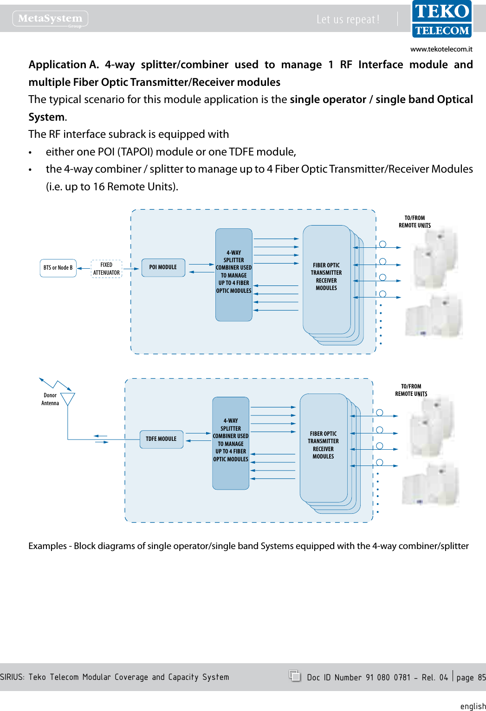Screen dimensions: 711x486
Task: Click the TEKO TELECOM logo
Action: (441, 19)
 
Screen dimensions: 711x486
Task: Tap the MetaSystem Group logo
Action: (50, 19)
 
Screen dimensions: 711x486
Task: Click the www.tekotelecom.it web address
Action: (441, 49)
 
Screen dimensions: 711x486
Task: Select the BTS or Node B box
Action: (58, 268)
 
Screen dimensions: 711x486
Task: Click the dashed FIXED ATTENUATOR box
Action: (106, 269)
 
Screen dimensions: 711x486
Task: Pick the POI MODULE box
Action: (163, 267)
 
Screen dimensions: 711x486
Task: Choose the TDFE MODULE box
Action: (161, 439)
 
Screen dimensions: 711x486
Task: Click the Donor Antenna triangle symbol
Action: (68, 399)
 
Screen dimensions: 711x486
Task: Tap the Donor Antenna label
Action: (50, 399)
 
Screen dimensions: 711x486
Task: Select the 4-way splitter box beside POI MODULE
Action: (233, 274)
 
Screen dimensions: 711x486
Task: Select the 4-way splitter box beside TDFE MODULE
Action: (231, 443)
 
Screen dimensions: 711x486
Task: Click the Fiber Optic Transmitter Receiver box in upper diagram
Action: (326, 279)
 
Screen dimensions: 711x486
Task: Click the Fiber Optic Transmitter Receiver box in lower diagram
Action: (323, 447)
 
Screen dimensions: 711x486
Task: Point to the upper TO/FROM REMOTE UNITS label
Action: (415, 222)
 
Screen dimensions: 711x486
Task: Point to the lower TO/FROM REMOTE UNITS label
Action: (411, 390)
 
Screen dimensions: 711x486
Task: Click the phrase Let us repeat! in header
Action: (348, 19)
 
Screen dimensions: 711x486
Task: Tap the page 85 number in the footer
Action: (471, 678)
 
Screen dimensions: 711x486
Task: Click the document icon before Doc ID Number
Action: (294, 676)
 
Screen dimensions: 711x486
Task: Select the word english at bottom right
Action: (473, 706)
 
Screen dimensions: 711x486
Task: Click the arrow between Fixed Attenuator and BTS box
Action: (84, 268)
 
